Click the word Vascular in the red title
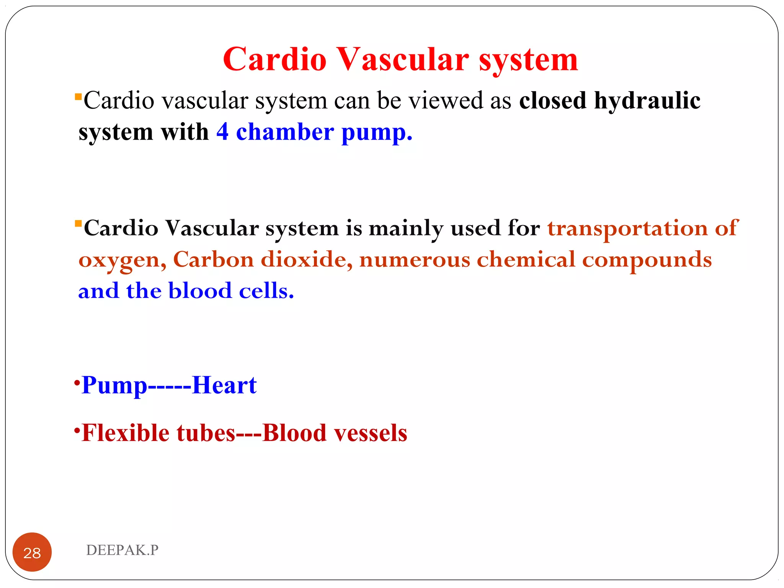[x=403, y=59]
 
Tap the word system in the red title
[x=528, y=60]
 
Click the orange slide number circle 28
[x=32, y=552]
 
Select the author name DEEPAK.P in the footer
[x=122, y=550]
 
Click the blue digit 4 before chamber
[x=222, y=132]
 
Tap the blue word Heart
[x=224, y=385]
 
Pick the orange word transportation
[x=627, y=229]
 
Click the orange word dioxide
[x=306, y=260]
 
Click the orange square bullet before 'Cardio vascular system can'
[x=78, y=96]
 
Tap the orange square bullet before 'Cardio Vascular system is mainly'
[x=78, y=223]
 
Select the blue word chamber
[x=285, y=132]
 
